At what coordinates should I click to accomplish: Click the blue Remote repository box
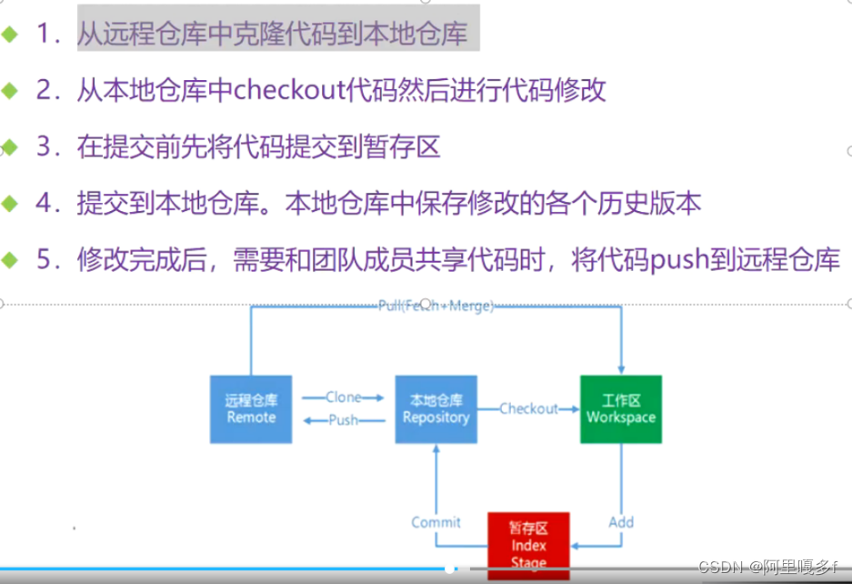tap(251, 408)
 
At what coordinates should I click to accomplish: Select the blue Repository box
tap(436, 408)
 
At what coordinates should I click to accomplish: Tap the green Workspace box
tap(621, 408)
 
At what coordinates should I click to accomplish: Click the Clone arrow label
tap(344, 398)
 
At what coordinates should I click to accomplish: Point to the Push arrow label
tap(344, 420)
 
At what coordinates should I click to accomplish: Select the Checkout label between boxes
tap(528, 409)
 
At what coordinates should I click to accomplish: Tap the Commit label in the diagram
tap(436, 522)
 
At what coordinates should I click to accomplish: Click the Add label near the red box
tap(621, 522)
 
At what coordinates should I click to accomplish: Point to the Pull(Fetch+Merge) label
tap(436, 307)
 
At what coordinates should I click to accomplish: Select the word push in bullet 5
tap(648, 260)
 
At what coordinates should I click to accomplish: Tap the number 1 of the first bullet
tap(44, 35)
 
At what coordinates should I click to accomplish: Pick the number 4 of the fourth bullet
tap(44, 204)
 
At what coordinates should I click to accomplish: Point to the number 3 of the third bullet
tap(44, 147)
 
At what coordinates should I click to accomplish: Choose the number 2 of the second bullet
tap(44, 91)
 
